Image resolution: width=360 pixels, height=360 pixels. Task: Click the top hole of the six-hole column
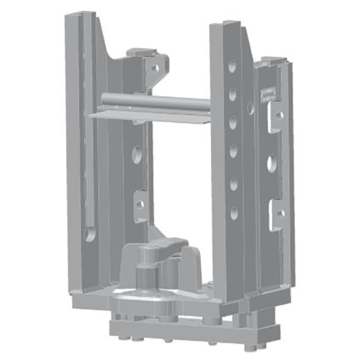tap(232, 67)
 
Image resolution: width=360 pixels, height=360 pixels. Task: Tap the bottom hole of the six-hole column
tap(234, 212)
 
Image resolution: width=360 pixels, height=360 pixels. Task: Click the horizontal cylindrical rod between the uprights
tap(155, 102)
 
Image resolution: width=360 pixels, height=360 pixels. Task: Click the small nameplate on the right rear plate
tap(268, 94)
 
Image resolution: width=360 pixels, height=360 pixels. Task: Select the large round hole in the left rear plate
tap(136, 155)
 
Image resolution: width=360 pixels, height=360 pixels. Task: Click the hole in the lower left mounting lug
tap(140, 204)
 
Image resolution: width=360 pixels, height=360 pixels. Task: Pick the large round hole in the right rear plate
tap(272, 163)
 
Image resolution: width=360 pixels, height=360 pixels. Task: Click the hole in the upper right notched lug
tap(279, 115)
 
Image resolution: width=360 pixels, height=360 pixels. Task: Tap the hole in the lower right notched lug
tap(280, 214)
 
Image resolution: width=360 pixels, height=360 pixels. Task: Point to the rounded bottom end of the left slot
tap(90, 233)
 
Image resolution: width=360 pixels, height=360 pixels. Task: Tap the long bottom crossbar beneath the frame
tap(193, 333)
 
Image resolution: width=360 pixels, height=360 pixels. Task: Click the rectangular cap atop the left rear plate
tap(140, 53)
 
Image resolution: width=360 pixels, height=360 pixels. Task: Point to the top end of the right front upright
tap(225, 23)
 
